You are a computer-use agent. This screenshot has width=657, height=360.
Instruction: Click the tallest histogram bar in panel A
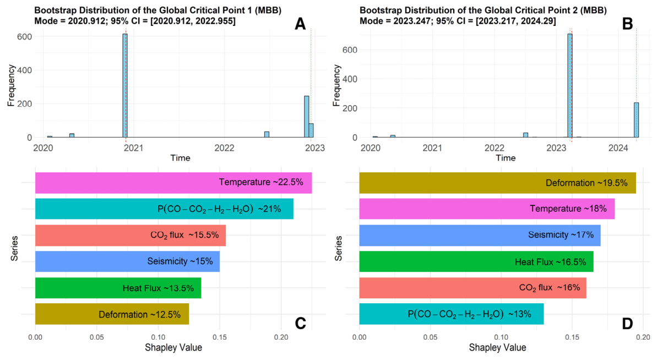click(125, 85)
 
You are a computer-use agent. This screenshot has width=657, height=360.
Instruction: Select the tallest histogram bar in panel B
click(570, 85)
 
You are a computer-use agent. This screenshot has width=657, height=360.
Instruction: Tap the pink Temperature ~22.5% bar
click(173, 183)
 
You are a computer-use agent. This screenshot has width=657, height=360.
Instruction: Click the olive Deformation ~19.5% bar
click(497, 183)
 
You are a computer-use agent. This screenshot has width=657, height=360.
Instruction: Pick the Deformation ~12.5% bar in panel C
click(112, 314)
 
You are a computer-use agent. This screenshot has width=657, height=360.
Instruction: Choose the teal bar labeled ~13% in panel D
click(451, 314)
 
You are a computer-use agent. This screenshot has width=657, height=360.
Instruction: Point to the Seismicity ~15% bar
click(127, 261)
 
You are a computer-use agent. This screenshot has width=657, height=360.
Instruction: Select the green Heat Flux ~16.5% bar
click(476, 261)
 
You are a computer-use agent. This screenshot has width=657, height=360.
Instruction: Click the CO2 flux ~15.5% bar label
click(184, 235)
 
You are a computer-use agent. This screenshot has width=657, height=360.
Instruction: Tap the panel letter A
click(300, 24)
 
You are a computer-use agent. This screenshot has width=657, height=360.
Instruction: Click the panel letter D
click(627, 324)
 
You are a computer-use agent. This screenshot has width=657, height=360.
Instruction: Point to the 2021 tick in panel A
click(133, 148)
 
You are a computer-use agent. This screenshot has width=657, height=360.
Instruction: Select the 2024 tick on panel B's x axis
click(618, 148)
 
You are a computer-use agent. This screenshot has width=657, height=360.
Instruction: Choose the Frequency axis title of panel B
click(336, 85)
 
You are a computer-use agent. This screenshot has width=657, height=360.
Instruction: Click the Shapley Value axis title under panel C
click(173, 347)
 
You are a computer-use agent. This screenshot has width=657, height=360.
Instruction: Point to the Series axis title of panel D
click(339, 248)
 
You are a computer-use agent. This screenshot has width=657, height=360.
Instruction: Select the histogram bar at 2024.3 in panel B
click(636, 120)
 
